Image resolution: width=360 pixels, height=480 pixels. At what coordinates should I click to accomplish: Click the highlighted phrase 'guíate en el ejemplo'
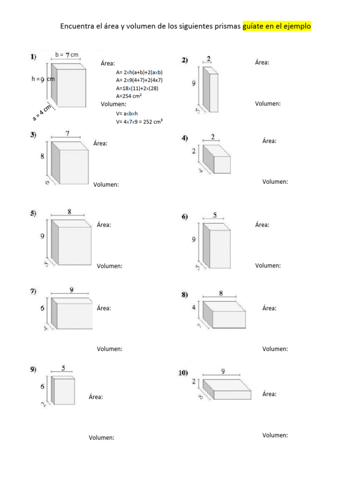tap(277, 26)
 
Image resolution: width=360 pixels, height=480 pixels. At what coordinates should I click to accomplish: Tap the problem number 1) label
tap(33, 57)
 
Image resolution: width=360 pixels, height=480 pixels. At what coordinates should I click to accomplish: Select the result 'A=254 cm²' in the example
tap(129, 96)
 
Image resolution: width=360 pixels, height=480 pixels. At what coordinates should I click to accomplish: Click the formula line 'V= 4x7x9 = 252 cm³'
tap(139, 121)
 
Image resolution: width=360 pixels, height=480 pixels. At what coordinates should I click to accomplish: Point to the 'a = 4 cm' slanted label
tap(42, 111)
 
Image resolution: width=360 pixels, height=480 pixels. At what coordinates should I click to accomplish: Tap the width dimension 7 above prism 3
tap(67, 134)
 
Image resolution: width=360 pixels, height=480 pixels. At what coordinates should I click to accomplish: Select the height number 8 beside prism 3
tap(42, 157)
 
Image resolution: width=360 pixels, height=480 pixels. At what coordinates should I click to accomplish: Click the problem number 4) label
tap(185, 138)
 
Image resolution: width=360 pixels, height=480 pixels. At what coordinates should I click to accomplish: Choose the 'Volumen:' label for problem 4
tap(275, 182)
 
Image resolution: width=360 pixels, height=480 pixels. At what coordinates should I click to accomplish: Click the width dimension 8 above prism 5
tap(69, 211)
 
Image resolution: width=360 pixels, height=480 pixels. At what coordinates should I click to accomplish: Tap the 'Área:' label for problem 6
tap(262, 225)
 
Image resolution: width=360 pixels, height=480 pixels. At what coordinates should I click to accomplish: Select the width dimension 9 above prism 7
tap(71, 290)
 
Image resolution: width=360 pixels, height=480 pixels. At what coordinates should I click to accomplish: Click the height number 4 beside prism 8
tap(194, 307)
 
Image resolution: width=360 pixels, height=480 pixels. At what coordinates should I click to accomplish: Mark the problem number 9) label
tap(33, 369)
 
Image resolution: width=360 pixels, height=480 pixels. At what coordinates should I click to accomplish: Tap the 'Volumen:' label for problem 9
tap(102, 438)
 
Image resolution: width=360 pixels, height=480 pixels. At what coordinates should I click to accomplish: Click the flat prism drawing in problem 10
tap(227, 390)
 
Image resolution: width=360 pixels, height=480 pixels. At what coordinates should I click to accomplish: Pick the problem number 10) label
tap(183, 373)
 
